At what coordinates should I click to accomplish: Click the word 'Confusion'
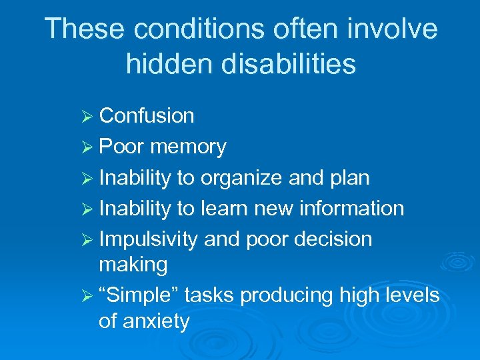click(x=147, y=116)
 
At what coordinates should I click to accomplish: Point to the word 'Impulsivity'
click(x=148, y=239)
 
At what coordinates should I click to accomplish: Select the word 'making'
click(x=133, y=265)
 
